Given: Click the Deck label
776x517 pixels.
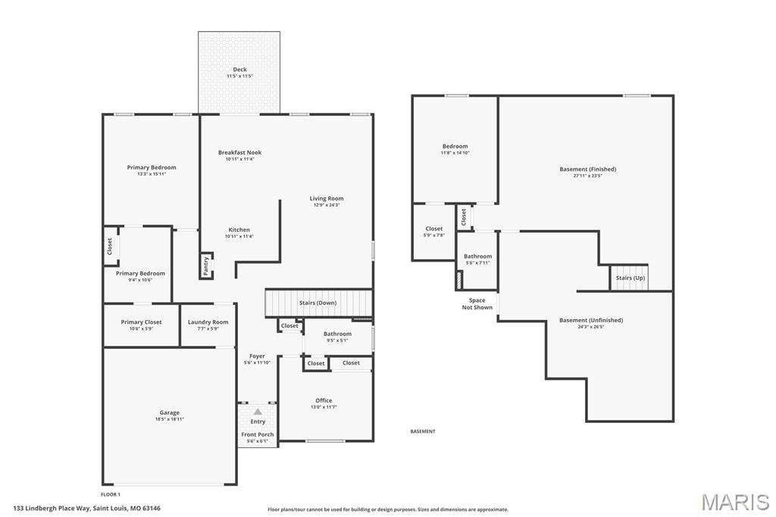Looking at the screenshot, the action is point(240,69).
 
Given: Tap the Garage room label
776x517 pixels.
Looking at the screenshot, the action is point(169,412).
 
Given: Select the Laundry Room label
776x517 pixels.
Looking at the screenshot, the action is point(208,322).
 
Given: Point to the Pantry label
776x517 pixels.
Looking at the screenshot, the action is point(206,266).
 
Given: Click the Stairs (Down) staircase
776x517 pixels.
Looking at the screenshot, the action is point(319,302).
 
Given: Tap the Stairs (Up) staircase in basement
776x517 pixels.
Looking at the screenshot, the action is point(629,277).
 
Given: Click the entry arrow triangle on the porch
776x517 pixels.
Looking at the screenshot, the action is point(258,412).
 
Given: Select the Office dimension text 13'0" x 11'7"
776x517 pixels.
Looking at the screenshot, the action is point(324,407).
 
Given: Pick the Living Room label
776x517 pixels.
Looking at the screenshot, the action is point(327,198).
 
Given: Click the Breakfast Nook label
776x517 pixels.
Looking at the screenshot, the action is point(240,152).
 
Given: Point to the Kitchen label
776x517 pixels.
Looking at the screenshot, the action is point(239,230).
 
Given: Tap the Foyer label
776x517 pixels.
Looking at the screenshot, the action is point(258,356).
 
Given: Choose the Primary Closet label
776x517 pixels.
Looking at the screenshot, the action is point(141,322).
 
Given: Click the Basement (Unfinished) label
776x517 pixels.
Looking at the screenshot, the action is point(591,320).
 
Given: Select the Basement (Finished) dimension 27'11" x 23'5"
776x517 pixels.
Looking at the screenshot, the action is point(588,175).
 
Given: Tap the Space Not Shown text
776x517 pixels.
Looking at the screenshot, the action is point(477,303).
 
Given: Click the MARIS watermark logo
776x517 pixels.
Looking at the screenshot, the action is point(735,502).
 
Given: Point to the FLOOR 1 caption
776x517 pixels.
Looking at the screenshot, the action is point(111,494).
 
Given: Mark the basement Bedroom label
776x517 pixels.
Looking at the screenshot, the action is point(455,146).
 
